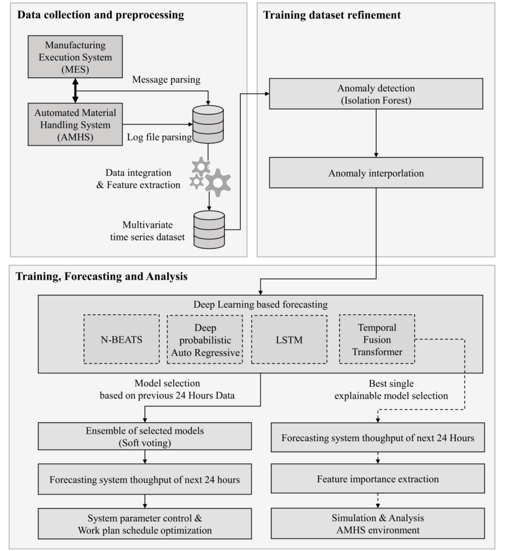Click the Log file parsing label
(160, 137)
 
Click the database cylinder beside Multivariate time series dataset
(209, 229)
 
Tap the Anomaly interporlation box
(375, 174)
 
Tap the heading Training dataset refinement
(332, 15)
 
